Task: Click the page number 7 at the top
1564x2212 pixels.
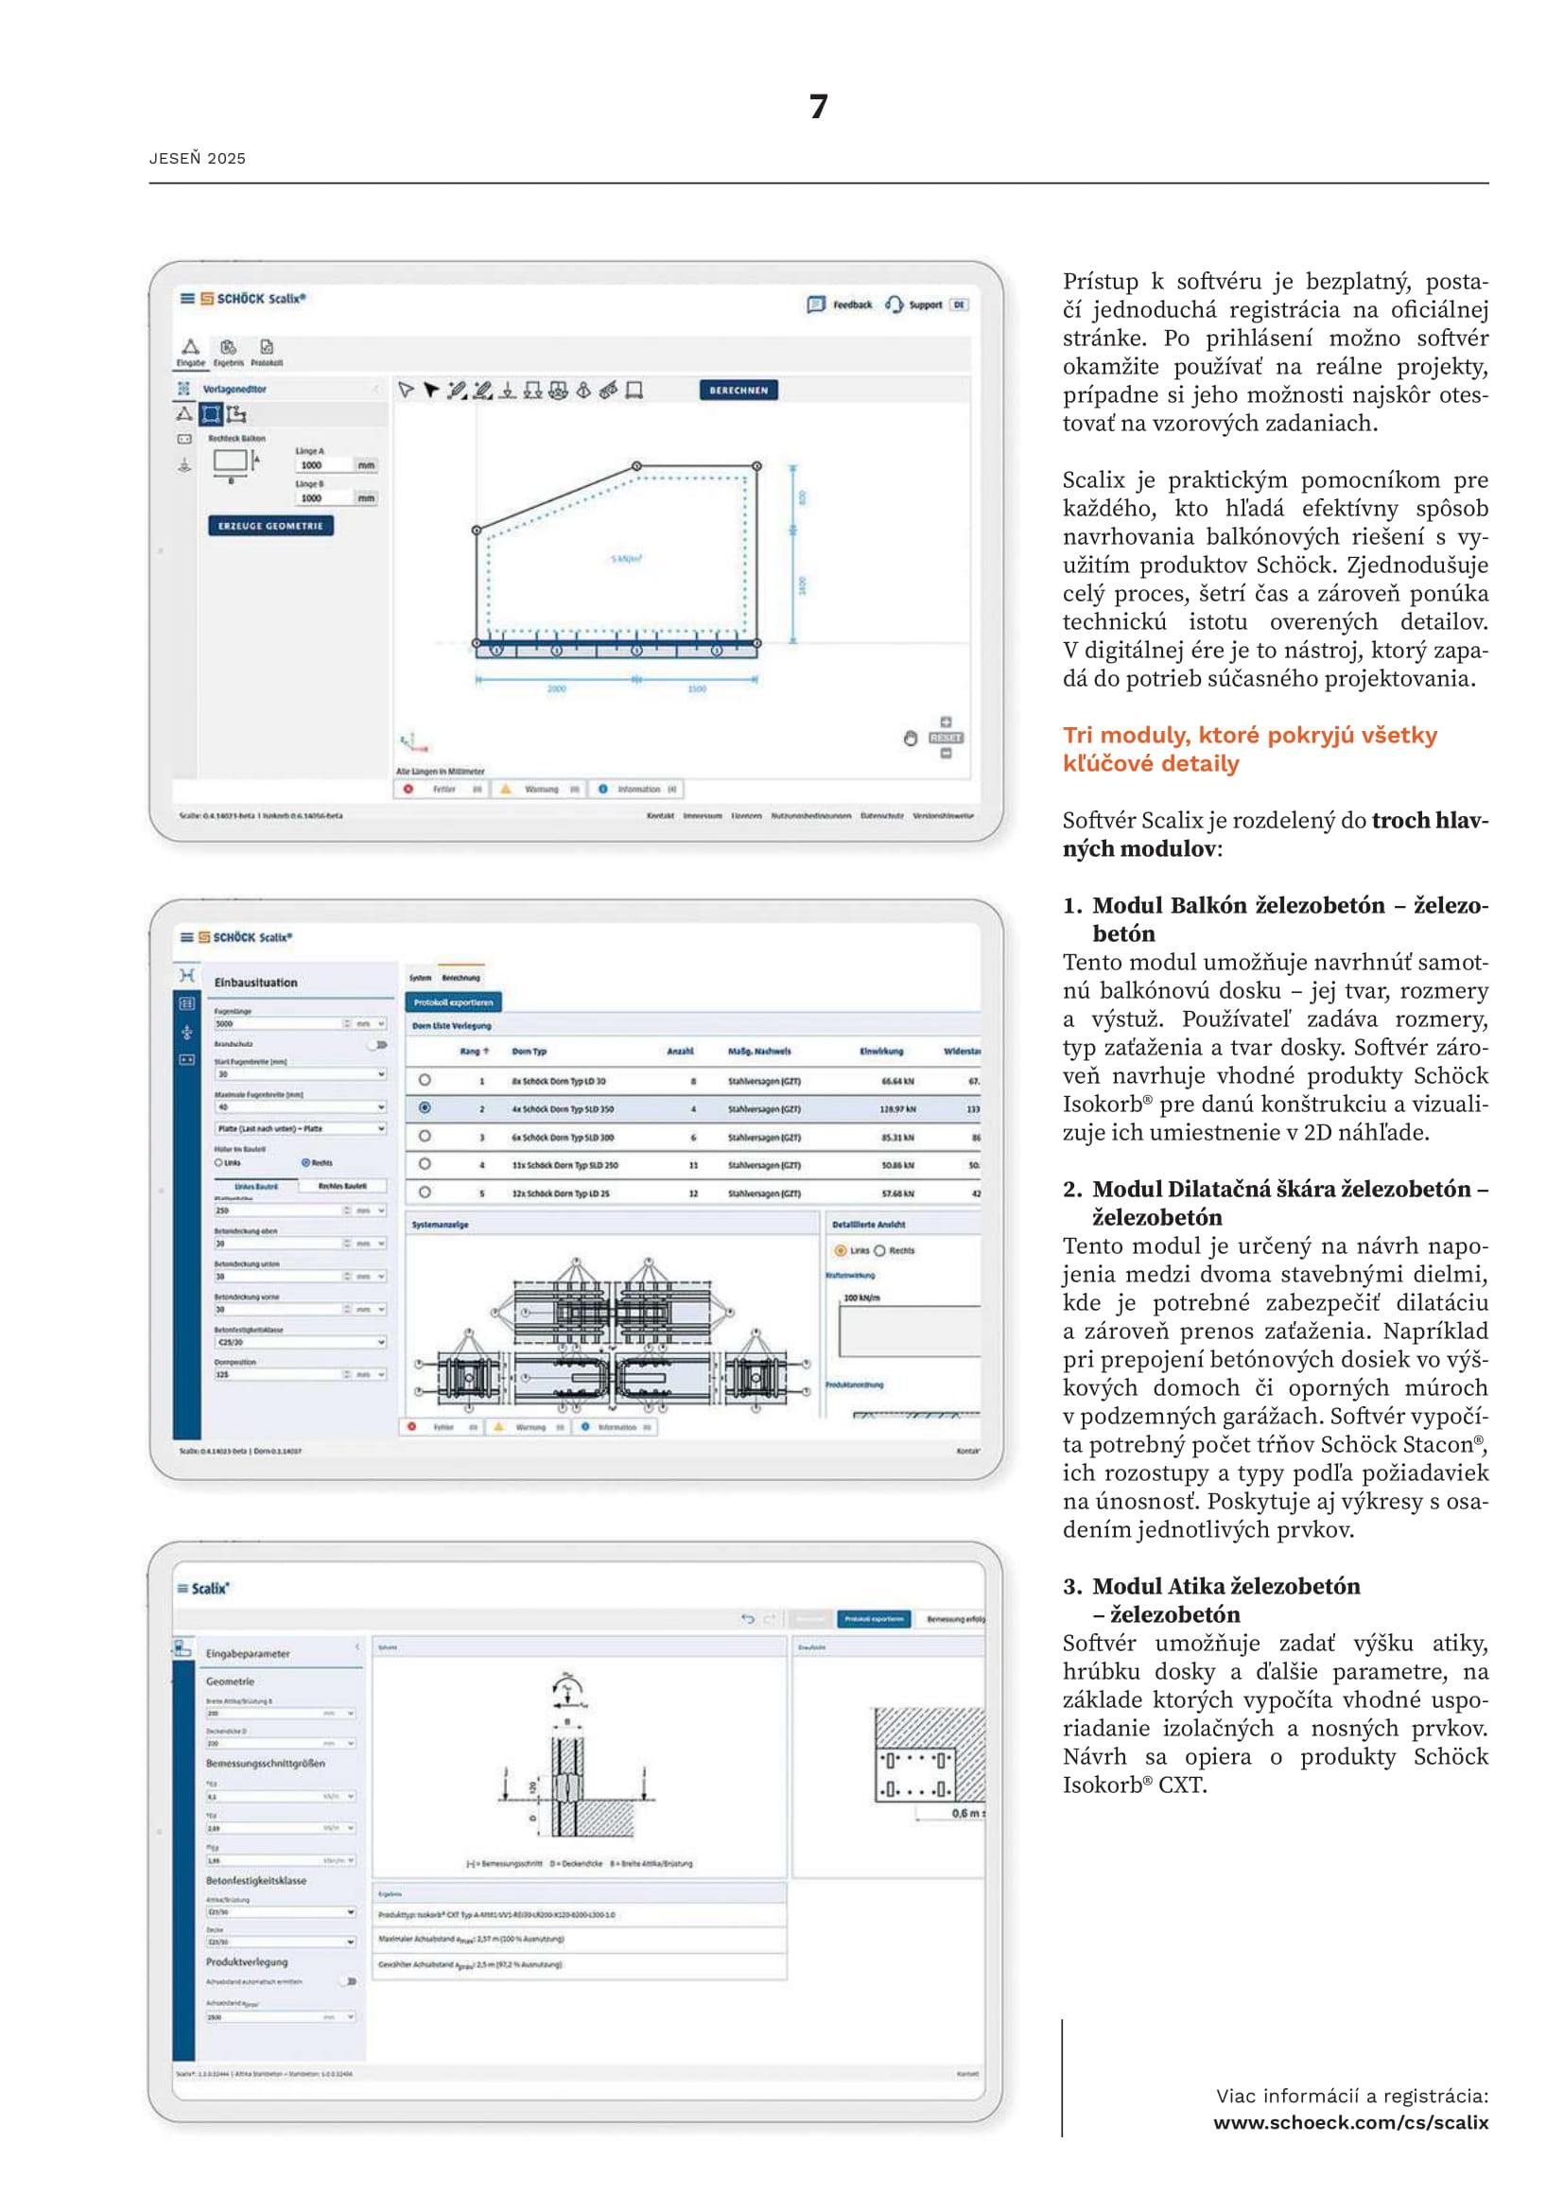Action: point(818,106)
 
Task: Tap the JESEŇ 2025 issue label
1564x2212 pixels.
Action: point(198,158)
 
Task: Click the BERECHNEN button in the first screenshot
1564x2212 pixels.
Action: point(739,391)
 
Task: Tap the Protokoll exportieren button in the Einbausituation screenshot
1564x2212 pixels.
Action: point(454,1001)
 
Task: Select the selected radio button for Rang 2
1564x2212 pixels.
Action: point(425,1108)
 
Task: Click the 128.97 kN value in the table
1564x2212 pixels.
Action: point(897,1109)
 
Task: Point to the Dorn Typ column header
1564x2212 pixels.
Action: point(529,1051)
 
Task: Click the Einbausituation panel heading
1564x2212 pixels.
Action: point(255,983)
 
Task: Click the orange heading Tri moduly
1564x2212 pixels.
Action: point(1249,749)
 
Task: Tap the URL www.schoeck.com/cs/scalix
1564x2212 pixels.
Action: point(1350,2121)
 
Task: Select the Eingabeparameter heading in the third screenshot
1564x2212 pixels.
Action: point(248,1653)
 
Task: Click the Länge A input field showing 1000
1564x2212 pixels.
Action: point(322,465)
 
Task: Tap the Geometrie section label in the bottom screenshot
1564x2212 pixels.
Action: point(230,1681)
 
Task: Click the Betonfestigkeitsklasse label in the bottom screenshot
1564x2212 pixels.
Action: point(255,1880)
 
